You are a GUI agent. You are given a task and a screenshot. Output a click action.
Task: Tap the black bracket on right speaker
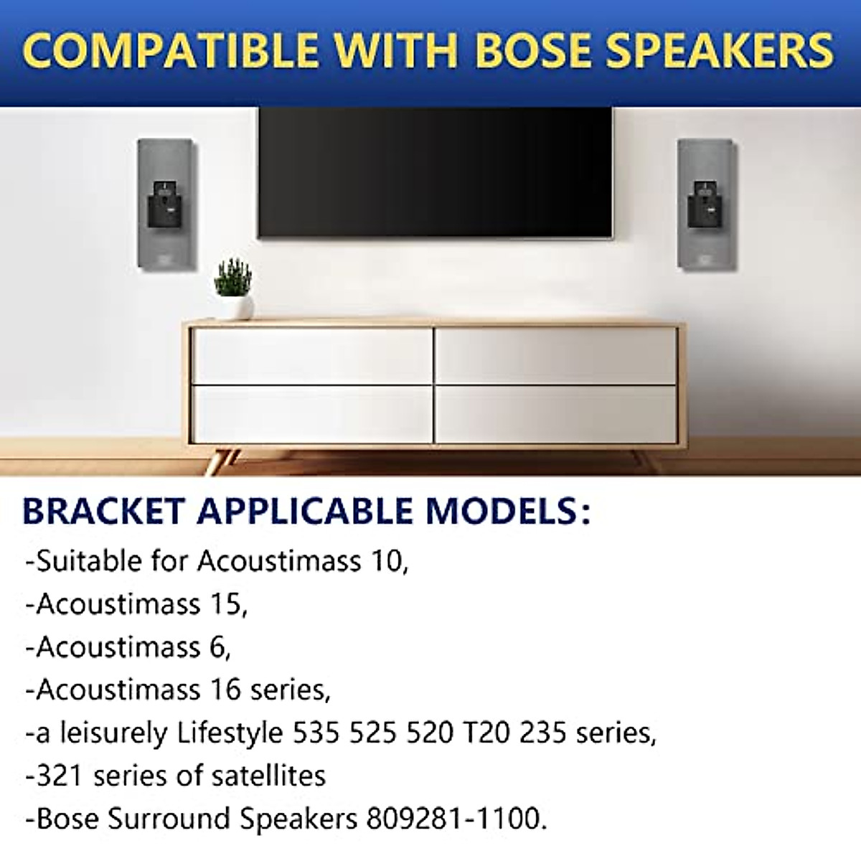[x=705, y=208]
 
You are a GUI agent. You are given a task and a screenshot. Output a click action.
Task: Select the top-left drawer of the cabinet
[x=313, y=356]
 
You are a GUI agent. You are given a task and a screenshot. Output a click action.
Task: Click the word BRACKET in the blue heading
[x=105, y=511]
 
